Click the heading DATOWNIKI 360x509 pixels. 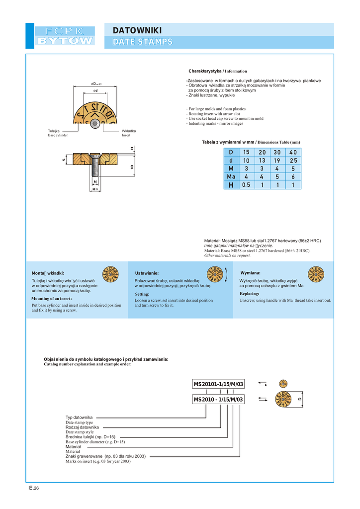tap(137, 31)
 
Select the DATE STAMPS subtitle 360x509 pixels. tap(143, 42)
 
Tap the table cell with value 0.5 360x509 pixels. tap(246, 185)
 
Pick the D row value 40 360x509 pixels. tap(293, 152)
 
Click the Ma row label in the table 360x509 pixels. tap(231, 176)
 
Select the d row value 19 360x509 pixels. tap(277, 160)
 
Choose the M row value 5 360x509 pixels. tap(293, 169)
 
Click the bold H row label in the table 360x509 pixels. tap(231, 185)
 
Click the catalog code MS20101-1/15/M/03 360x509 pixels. tap(219, 384)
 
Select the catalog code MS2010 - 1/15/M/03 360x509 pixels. tap(219, 400)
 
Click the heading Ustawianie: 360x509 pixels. tap(147, 273)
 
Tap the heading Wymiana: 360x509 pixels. tap(250, 273)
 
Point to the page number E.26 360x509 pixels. tap(34, 488)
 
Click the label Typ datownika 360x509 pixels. tap(79, 417)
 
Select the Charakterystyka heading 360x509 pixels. tap(205, 71)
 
